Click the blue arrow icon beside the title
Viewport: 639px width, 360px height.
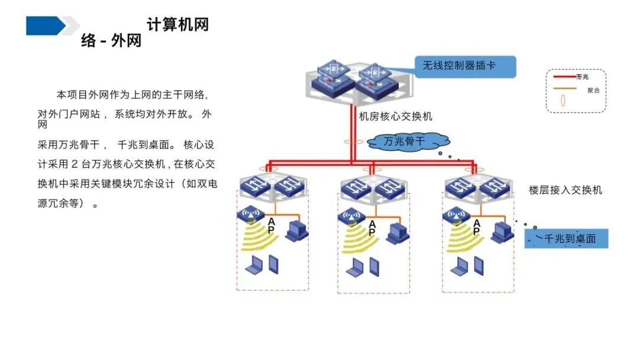(x=46, y=25)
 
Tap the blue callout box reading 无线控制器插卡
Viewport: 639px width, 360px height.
(x=466, y=66)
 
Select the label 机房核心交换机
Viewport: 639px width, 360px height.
(x=395, y=117)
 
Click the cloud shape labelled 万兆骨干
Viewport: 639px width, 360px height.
(x=408, y=142)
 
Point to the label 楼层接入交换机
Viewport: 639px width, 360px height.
(x=565, y=191)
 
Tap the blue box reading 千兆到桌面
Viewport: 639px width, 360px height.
(x=566, y=239)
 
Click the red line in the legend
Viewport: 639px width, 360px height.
(x=564, y=76)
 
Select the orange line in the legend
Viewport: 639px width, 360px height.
(x=564, y=88)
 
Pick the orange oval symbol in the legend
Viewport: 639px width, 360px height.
(x=563, y=100)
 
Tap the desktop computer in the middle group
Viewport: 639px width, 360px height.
(x=398, y=234)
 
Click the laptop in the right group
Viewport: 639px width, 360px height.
(x=460, y=266)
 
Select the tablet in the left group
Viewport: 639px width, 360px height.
(x=273, y=264)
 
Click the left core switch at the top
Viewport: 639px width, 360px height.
(x=333, y=79)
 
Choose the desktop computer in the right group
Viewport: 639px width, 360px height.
(x=502, y=233)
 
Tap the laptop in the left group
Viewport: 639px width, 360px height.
(x=254, y=265)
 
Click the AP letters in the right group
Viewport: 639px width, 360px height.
(x=476, y=227)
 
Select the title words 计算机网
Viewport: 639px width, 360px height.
(x=177, y=24)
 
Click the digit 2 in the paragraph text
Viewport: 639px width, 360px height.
(x=74, y=164)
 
